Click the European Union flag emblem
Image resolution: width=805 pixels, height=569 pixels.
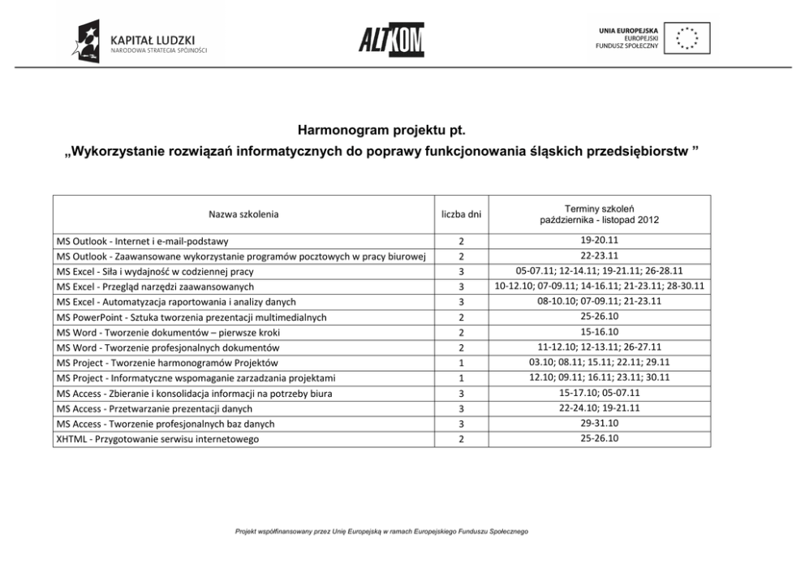(x=687, y=38)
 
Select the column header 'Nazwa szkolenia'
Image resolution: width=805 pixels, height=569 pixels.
(x=243, y=214)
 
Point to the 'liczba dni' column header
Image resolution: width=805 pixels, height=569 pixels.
(x=461, y=214)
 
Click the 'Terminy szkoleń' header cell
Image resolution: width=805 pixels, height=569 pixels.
(x=600, y=214)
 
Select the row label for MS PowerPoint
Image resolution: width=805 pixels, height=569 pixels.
(x=192, y=317)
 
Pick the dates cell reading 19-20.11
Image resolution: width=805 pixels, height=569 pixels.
(x=600, y=240)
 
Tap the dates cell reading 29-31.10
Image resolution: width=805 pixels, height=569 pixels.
(x=600, y=424)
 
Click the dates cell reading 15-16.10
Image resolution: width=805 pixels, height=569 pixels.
(x=600, y=332)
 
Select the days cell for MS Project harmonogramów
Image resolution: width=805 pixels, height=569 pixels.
(x=461, y=363)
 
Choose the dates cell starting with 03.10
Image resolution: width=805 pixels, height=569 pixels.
(x=600, y=363)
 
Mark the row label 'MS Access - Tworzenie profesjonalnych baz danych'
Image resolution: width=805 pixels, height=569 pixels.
(x=166, y=424)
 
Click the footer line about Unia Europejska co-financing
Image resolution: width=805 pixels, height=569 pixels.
(x=381, y=532)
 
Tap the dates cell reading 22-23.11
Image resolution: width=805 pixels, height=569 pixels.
(x=600, y=256)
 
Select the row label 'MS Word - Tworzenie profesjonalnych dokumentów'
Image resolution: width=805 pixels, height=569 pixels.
(x=168, y=347)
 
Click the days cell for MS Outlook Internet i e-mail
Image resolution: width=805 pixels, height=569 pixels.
(x=461, y=241)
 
